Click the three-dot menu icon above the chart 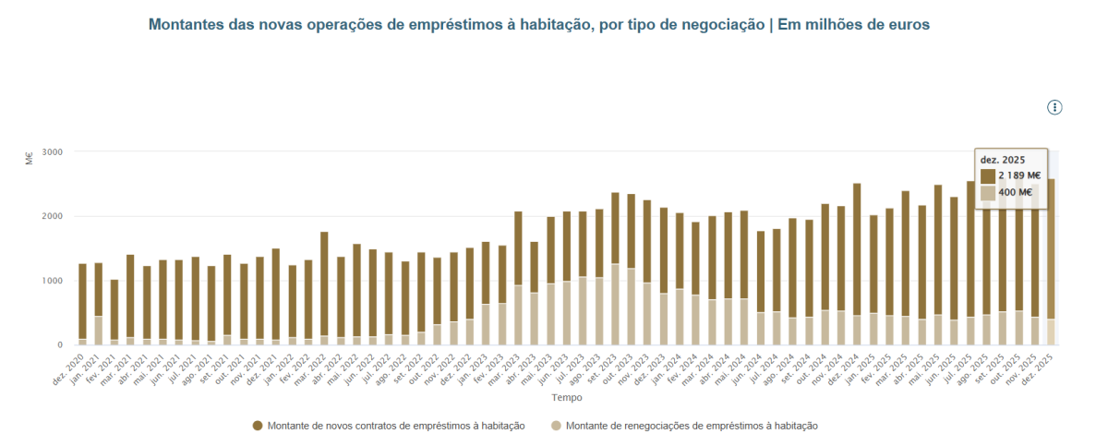click(1054, 108)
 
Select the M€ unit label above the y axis click(29, 157)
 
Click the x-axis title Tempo click(566, 398)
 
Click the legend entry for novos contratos click(389, 426)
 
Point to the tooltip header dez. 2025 click(1002, 159)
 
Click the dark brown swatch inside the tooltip click(988, 175)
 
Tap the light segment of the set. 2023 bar click(615, 305)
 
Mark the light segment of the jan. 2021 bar click(99, 331)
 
